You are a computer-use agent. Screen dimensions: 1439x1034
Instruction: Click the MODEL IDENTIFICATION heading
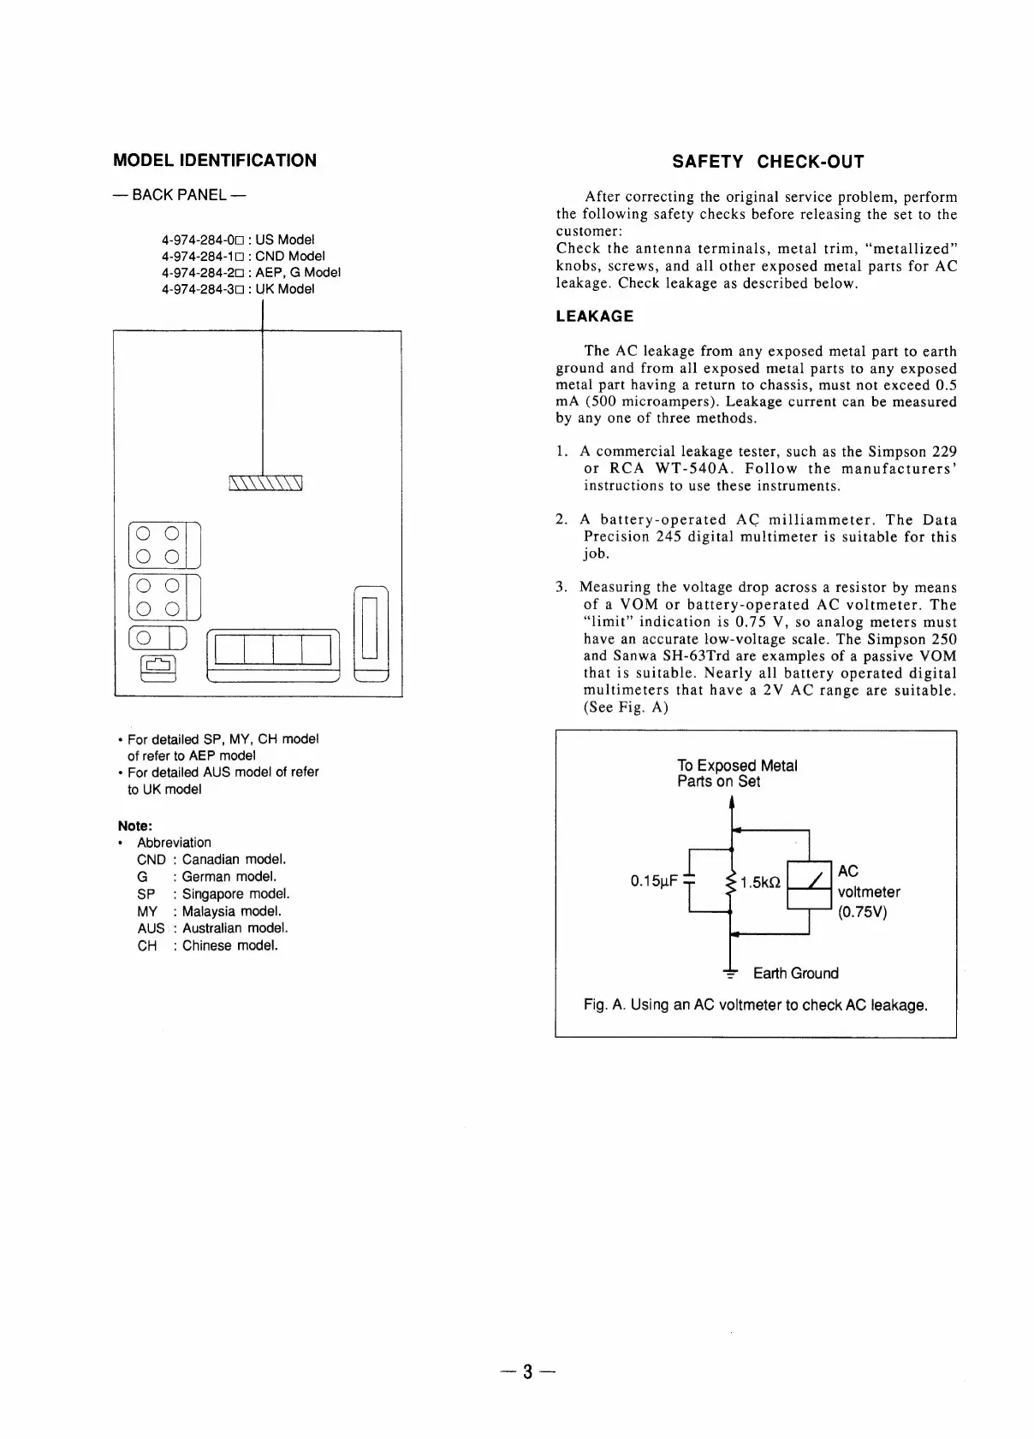[x=215, y=161]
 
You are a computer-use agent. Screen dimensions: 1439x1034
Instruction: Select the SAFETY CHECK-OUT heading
[x=768, y=162]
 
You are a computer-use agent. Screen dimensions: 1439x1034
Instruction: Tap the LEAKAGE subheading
[x=594, y=317]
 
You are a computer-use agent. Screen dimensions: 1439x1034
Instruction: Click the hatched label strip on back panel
[x=266, y=483]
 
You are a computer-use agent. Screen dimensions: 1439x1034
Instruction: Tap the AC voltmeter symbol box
[x=809, y=886]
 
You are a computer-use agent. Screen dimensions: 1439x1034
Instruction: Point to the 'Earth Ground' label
[x=795, y=974]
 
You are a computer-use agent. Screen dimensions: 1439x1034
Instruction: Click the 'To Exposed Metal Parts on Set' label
[x=736, y=773]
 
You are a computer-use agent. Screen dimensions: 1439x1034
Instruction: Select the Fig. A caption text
[x=755, y=1004]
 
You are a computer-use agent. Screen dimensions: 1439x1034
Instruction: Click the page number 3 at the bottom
[x=528, y=1372]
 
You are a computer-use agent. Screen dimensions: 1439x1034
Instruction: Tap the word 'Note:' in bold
[x=134, y=826]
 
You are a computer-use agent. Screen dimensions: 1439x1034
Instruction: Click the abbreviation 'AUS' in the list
[x=151, y=928]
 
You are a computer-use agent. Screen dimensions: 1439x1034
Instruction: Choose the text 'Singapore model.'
[x=230, y=894]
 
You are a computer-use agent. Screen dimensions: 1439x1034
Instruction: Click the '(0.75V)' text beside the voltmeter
[x=862, y=911]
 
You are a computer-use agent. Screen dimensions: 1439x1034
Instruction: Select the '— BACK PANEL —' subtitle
[x=180, y=195]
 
